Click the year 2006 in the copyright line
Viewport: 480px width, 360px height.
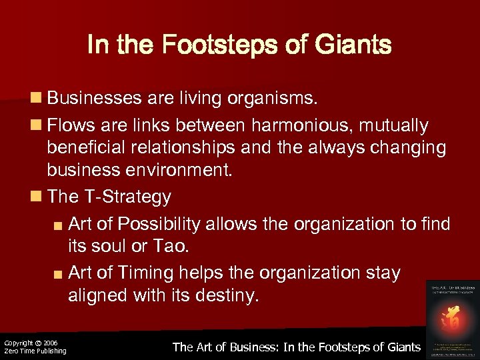click(52, 343)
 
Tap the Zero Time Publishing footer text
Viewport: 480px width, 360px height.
click(35, 351)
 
